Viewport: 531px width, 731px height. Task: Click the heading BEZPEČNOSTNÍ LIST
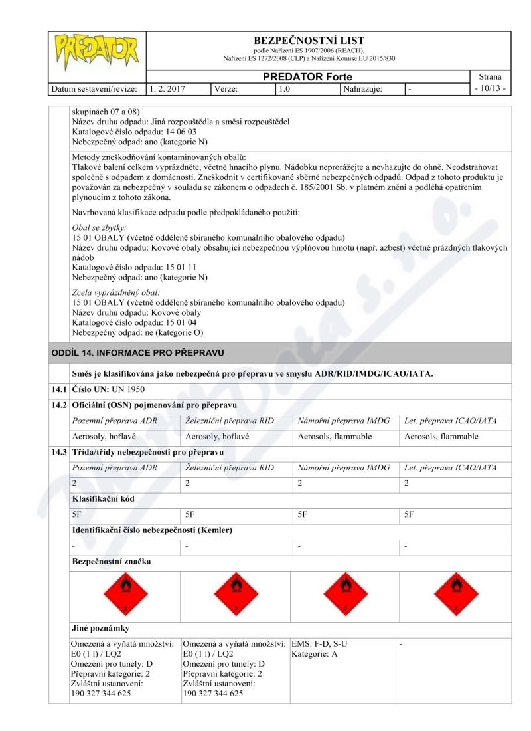point(309,41)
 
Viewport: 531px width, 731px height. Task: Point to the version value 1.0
point(284,88)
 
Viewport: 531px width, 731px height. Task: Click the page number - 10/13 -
point(492,88)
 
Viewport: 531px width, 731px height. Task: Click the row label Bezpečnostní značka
point(111,562)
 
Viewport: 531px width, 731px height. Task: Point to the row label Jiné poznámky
point(100,627)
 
